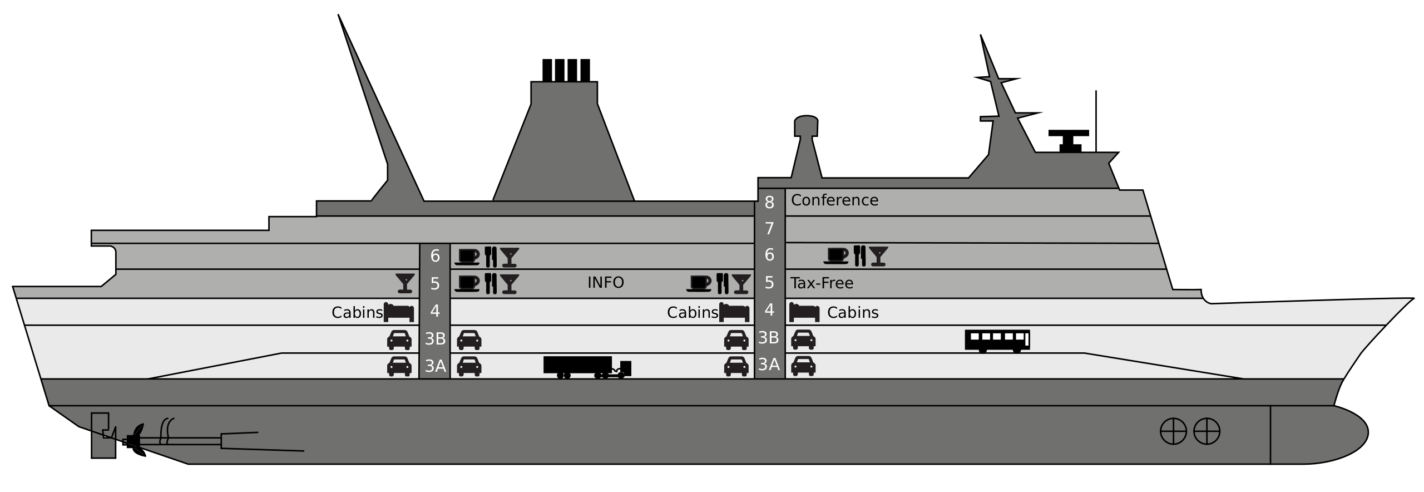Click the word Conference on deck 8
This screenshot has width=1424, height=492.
pyautogui.click(x=834, y=200)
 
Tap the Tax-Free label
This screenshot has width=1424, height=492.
pyautogui.click(x=822, y=283)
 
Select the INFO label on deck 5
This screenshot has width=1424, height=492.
pyautogui.click(x=605, y=283)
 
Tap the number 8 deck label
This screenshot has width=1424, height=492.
pyautogui.click(x=769, y=203)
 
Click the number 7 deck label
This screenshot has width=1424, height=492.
pyautogui.click(x=769, y=229)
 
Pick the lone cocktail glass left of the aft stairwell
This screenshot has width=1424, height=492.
pyautogui.click(x=406, y=283)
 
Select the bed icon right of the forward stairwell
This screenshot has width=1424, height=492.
pyautogui.click(x=804, y=312)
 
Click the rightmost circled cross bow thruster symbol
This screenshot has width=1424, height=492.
pyautogui.click(x=1207, y=431)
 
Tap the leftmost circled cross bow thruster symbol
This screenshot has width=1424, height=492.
pyautogui.click(x=1173, y=431)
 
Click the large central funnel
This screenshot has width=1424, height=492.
pyautogui.click(x=563, y=150)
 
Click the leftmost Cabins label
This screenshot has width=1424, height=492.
pyautogui.click(x=357, y=313)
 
